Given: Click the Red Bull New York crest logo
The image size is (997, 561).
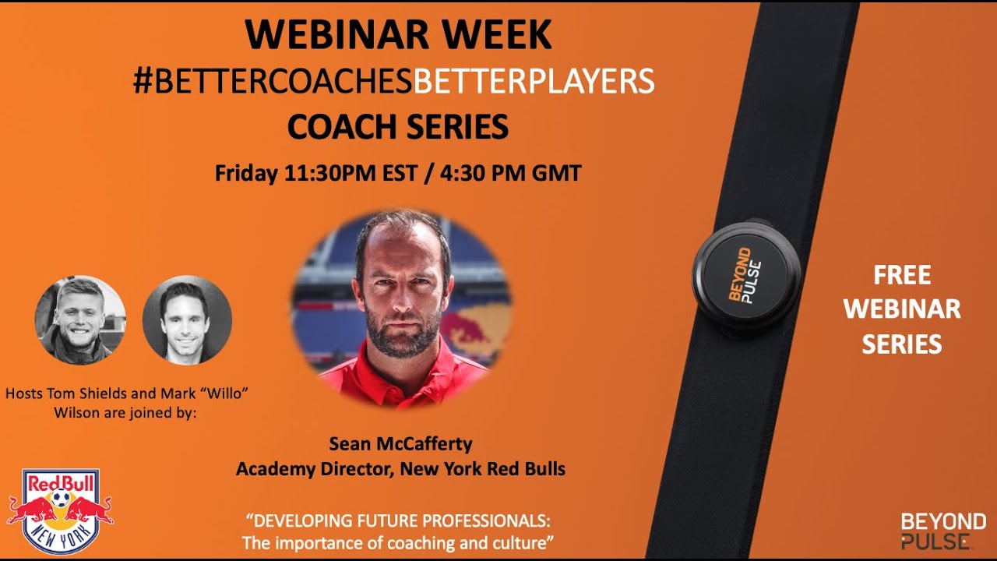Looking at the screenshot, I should coord(60,510).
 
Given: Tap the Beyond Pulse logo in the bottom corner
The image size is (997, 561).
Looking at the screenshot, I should coord(942,531).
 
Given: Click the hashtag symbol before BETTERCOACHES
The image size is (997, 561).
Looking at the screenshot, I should coord(143,81).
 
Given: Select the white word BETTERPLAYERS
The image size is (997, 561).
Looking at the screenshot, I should coord(534,81).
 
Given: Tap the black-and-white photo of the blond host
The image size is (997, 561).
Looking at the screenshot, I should coord(80,319).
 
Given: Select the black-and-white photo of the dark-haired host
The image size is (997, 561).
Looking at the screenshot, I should coord(187,319).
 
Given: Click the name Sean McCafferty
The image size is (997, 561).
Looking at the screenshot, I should coord(400,443).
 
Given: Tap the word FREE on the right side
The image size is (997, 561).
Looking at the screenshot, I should coord(902,275).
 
